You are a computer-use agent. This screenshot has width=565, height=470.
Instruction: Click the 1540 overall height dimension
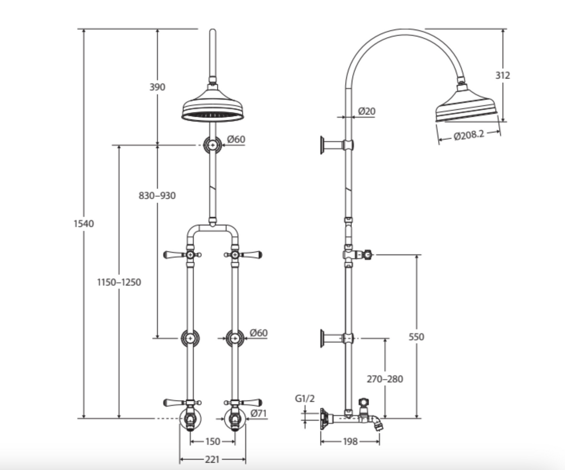83,223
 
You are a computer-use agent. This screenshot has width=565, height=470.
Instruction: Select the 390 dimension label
157,87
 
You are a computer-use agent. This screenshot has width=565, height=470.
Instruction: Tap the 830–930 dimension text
157,196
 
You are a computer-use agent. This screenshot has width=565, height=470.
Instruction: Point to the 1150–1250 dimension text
119,282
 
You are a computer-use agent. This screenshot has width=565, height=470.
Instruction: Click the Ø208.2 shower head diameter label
469,135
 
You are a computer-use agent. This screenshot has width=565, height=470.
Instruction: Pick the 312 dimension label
503,75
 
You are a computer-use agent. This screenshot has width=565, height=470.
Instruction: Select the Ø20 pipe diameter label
367,111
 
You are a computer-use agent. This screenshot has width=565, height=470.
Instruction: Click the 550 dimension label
416,336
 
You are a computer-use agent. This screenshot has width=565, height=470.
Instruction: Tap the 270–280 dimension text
385,379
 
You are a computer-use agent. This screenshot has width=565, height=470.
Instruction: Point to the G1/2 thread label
305,398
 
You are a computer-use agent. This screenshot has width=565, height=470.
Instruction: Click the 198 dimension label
350,441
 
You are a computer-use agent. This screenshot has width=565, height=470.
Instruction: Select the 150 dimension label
212,441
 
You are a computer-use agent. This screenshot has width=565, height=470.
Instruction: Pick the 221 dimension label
212,459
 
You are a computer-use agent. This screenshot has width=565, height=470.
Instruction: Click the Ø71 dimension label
259,413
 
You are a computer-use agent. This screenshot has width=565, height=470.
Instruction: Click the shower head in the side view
467,107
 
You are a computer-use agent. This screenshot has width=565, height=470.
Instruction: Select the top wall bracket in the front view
213,145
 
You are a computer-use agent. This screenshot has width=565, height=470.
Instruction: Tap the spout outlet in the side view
380,423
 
